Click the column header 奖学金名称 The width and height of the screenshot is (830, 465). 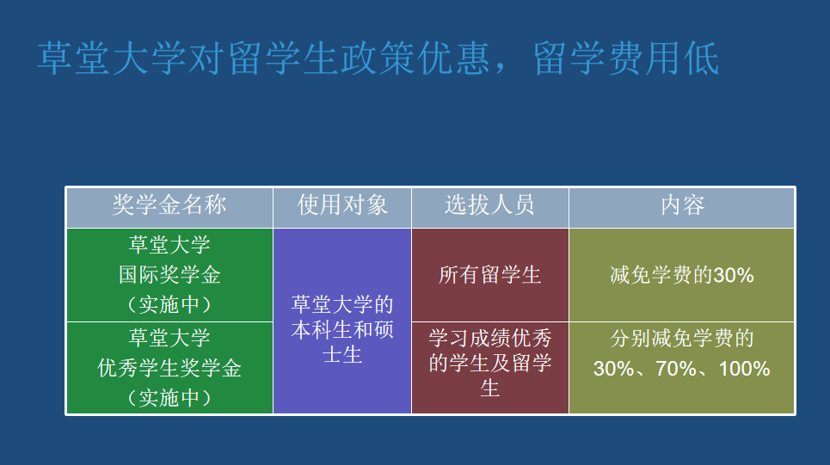tap(169, 205)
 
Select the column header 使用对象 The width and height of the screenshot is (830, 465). tap(342, 205)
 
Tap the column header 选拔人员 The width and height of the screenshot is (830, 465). tap(489, 205)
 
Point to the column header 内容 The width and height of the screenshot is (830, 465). tap(682, 205)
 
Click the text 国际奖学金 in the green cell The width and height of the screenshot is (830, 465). tap(169, 274)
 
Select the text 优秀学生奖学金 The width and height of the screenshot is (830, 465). tap(169, 368)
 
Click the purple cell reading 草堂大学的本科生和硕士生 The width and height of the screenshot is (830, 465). tap(342, 321)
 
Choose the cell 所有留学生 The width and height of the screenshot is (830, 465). tap(489, 274)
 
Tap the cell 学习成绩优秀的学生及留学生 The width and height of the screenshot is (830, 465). tap(489, 368)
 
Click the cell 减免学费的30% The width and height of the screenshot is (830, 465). tap(682, 274)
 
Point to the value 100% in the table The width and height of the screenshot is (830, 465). tap(744, 369)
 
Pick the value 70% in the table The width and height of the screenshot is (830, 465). tap(676, 369)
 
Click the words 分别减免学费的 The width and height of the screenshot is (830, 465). tap(682, 339)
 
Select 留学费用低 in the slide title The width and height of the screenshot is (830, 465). tap(625, 58)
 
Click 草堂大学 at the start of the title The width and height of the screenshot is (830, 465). tap(112, 58)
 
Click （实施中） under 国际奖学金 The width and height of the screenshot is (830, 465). tap(169, 305)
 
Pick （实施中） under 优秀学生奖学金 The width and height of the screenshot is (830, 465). tap(169, 398)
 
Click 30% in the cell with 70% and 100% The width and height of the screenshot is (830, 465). tap(613, 369)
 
